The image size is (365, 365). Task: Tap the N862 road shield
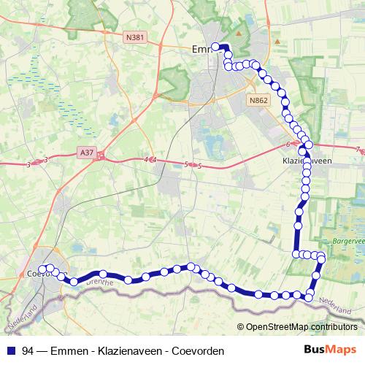pos(258,100)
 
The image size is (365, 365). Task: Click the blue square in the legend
pos(11,350)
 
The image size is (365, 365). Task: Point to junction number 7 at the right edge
pos(358,150)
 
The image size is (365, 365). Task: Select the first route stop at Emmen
pos(215,47)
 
